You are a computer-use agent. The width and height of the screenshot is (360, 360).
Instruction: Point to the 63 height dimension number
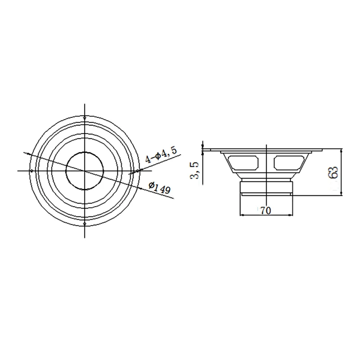click(333, 172)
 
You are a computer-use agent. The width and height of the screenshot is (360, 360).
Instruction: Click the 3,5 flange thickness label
click(195, 171)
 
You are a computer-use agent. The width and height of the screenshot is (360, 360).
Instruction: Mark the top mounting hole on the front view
click(85, 118)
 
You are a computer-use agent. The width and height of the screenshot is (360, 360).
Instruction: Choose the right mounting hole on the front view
click(138, 171)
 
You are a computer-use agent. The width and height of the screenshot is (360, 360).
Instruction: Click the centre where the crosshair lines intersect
click(85, 171)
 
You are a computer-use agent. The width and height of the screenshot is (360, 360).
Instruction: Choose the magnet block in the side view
click(267, 186)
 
